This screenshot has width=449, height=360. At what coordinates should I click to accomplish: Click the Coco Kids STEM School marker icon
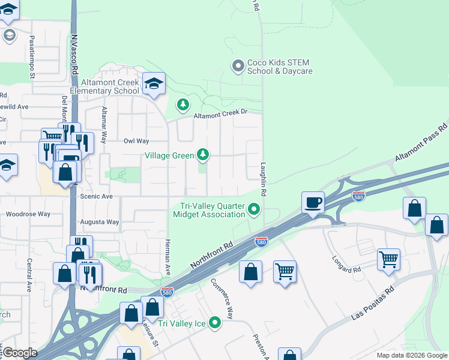[x=238, y=65]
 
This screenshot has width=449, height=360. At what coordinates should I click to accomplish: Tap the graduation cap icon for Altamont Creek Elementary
[x=154, y=85]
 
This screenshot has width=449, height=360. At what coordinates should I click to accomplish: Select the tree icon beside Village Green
[x=203, y=155]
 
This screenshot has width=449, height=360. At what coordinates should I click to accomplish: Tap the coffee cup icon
[x=313, y=202]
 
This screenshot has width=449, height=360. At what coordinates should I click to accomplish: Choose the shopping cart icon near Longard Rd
[x=388, y=260]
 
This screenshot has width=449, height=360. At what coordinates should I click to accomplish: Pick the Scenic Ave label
[x=96, y=196]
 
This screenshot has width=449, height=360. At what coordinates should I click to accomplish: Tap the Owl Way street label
[x=136, y=141]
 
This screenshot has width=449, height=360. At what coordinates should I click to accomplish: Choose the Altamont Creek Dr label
[x=220, y=114]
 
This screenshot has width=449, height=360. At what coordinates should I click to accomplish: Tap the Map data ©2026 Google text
[x=411, y=355]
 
